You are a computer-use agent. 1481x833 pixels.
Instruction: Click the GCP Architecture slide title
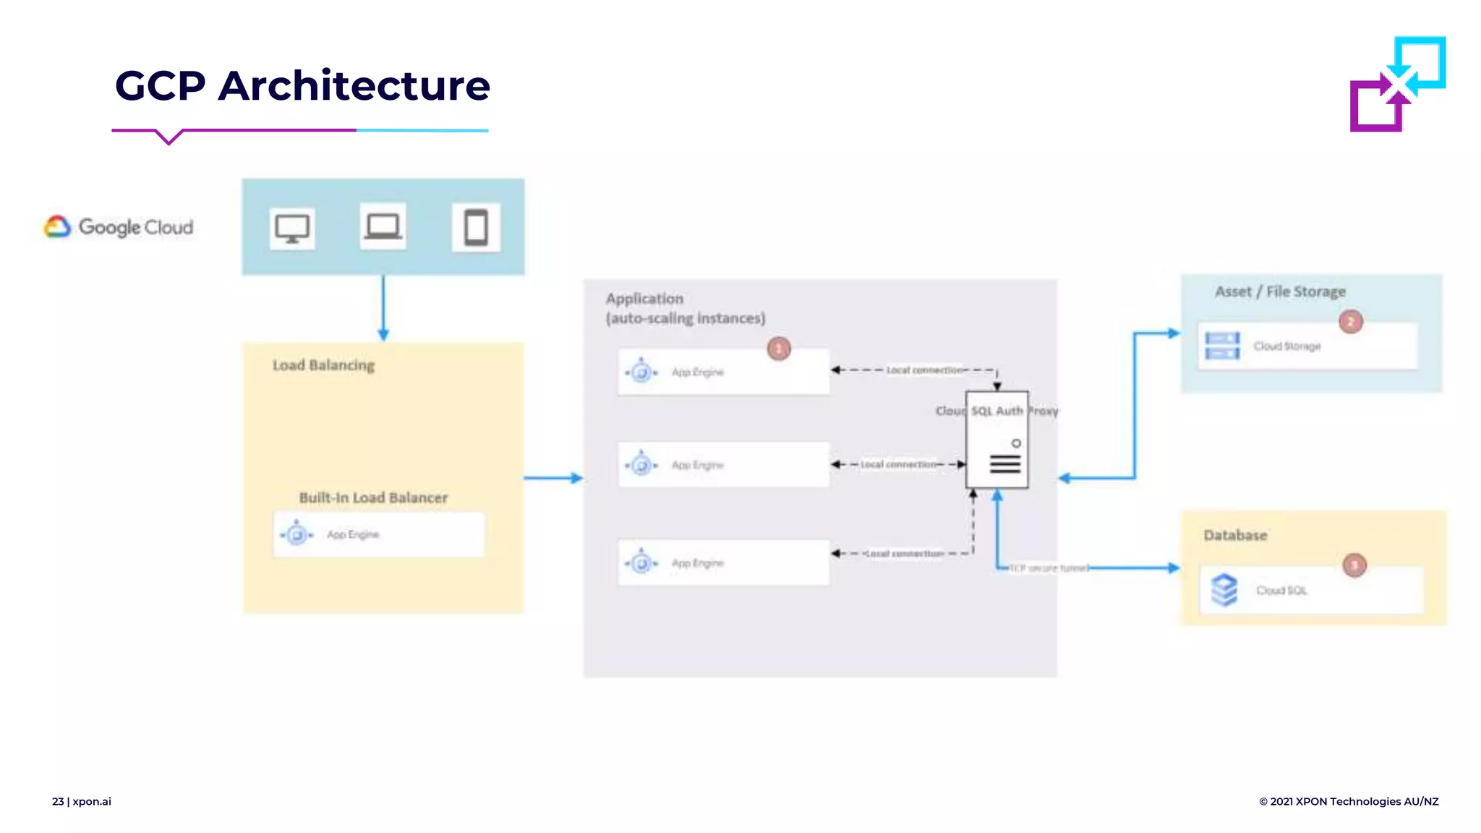pos(302,85)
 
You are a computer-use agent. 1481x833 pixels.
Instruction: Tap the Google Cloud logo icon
pos(58,227)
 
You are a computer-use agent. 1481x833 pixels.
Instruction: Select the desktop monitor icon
pos(292,228)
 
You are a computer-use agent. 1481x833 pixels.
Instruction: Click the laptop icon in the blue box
pos(383,227)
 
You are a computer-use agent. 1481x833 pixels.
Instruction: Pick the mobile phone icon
pos(476,228)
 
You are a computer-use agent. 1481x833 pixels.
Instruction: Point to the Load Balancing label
pos(323,365)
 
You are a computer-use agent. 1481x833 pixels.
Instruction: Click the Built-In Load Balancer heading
pos(373,497)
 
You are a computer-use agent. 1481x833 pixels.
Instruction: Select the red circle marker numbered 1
pos(779,349)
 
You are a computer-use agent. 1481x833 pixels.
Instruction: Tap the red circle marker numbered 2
pos(1350,322)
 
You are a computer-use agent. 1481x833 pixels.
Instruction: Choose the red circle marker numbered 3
pos(1354,565)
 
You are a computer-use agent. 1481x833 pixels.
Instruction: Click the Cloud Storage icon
pos(1222,346)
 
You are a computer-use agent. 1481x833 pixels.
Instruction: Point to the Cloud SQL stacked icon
pos(1224,590)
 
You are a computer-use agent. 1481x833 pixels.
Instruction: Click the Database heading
pos(1235,535)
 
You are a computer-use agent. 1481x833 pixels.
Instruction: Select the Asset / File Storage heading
pos(1280,291)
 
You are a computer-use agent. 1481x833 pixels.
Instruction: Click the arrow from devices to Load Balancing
pos(383,307)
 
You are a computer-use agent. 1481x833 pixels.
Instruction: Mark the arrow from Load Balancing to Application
pos(553,478)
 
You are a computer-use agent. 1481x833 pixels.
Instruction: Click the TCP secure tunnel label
pos(1049,568)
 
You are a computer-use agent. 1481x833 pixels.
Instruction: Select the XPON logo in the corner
pos(1397,84)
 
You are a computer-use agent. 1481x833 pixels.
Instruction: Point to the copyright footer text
pos(1349,801)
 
